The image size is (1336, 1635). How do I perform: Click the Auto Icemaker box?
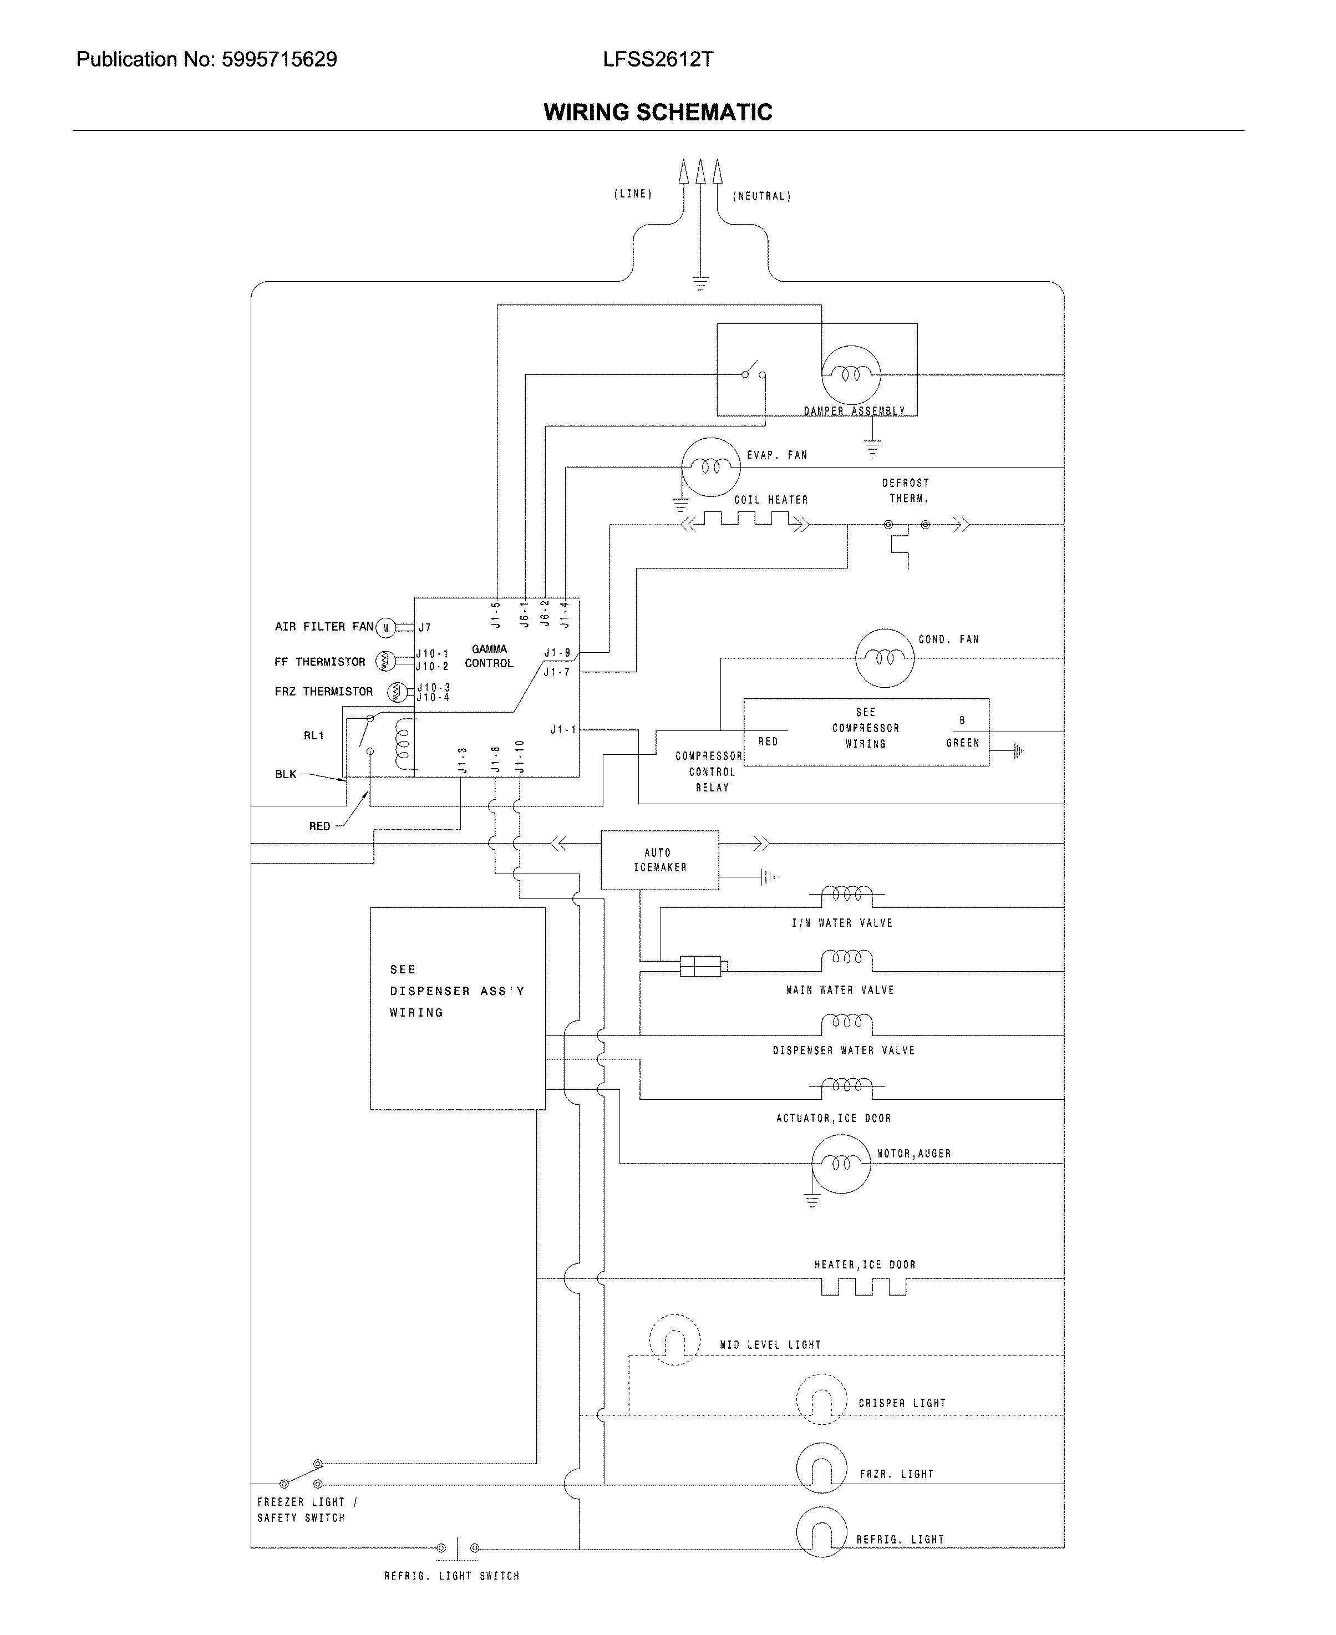[659, 860]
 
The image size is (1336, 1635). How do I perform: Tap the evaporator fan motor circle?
[710, 467]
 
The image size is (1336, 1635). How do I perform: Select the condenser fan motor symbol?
[884, 658]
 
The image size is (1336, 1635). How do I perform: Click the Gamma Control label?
[489, 656]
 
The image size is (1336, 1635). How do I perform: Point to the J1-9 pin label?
[557, 652]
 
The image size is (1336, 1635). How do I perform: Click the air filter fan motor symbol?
[385, 628]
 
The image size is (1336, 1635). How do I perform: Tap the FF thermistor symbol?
[385, 661]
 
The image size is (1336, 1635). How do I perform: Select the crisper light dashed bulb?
[821, 1399]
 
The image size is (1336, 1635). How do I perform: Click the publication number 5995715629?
[278, 59]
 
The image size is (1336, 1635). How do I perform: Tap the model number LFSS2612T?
[657, 59]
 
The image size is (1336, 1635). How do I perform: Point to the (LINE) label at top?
[633, 194]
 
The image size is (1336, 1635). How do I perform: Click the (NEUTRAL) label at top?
[761, 196]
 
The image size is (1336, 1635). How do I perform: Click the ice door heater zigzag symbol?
[863, 1287]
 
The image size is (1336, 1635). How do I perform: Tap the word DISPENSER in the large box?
[429, 991]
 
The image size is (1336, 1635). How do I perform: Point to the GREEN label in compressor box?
[962, 743]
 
